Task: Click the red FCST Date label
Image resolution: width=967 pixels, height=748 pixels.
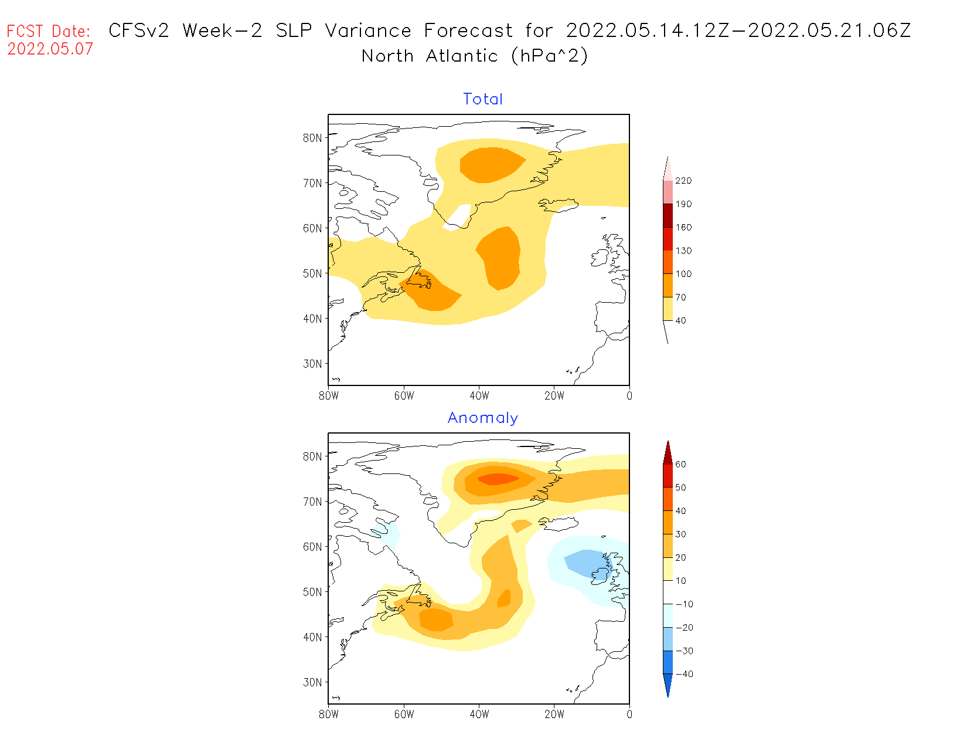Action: (49, 31)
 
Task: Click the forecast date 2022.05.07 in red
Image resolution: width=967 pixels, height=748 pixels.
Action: (50, 49)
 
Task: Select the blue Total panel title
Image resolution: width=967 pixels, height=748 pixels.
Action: (483, 99)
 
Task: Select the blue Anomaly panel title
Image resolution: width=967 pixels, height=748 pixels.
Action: (483, 418)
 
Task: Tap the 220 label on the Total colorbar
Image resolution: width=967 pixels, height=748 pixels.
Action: (683, 181)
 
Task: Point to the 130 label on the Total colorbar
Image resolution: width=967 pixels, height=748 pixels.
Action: (683, 251)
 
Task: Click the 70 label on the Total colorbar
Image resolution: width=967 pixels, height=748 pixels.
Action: (680, 297)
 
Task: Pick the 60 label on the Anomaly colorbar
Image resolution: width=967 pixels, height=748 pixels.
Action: (680, 464)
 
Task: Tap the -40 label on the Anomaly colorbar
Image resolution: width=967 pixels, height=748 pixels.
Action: (685, 674)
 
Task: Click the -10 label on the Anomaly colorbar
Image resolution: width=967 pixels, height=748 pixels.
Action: (685, 604)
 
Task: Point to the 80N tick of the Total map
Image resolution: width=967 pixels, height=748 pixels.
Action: (312, 138)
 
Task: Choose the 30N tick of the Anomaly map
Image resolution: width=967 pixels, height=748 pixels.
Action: (312, 682)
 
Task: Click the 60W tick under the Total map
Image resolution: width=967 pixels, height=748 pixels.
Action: (404, 396)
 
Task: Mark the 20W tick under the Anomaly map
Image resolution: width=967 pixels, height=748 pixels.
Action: (554, 715)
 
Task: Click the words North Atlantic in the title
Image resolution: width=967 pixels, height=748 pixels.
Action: (430, 56)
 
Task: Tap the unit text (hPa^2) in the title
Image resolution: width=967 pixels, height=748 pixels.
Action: (549, 56)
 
